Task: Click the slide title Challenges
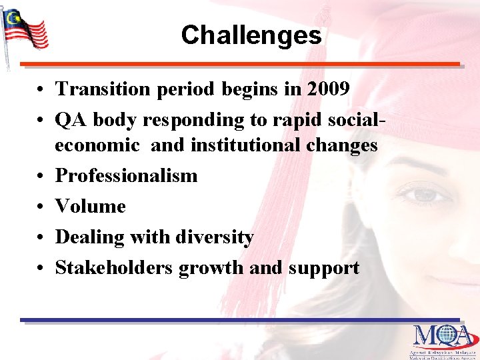point(251,35)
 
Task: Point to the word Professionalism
point(126,176)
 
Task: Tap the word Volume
point(90,207)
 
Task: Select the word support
point(324,268)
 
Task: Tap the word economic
point(97,145)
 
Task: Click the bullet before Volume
point(41,207)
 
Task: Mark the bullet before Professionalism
point(41,177)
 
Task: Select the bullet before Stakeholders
point(41,269)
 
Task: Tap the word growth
point(211,268)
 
